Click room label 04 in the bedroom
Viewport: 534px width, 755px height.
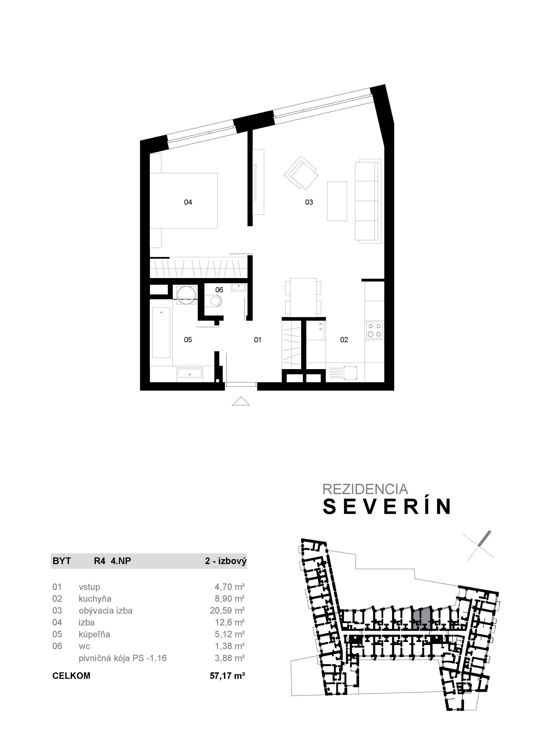188,202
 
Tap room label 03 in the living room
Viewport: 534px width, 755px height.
309,202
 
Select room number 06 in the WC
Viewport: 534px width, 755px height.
219,290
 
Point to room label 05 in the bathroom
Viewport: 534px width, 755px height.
188,340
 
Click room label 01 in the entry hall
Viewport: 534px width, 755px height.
258,340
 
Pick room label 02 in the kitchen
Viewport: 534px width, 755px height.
344,340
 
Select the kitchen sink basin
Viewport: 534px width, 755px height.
350,373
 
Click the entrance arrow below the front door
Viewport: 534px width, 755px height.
241,402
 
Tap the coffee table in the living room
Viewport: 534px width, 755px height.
337,201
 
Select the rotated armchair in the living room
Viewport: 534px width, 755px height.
301,172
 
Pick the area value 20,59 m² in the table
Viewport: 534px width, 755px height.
227,611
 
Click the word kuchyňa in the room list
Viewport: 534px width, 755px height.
95,599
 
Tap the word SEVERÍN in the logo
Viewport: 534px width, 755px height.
387,507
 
